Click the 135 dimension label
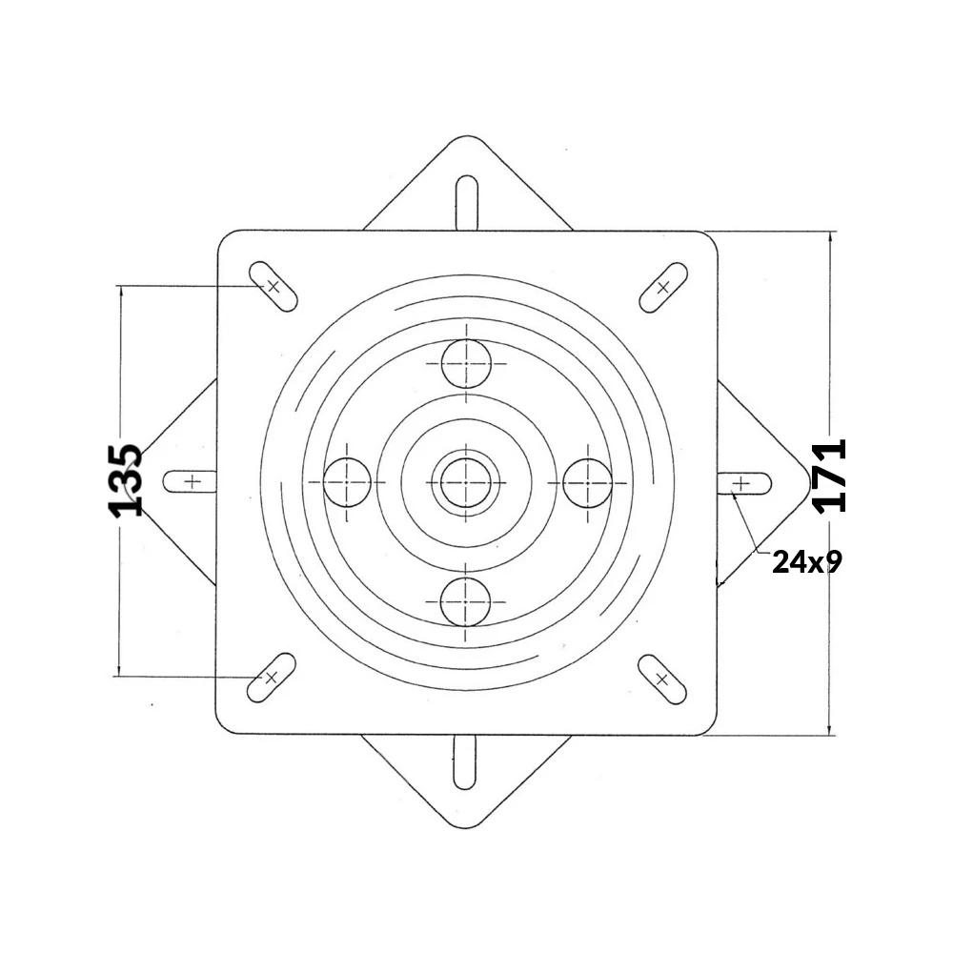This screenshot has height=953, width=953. (126, 479)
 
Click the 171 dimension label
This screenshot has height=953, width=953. (830, 476)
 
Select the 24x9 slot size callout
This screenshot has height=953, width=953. (806, 562)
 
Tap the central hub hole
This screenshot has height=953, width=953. (465, 482)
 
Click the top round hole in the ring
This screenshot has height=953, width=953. (466, 363)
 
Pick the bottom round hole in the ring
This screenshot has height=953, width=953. (465, 600)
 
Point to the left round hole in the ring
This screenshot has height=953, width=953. (347, 482)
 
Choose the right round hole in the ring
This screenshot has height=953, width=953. (585, 482)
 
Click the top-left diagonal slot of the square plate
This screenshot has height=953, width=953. (274, 286)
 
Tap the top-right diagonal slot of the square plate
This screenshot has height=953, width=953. (662, 286)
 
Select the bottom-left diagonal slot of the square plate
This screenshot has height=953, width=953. (272, 677)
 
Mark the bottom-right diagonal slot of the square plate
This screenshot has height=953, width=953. (662, 678)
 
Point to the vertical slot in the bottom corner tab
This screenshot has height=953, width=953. (464, 761)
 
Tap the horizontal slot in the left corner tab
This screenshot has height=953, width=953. (192, 481)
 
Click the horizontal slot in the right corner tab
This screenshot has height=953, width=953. (743, 483)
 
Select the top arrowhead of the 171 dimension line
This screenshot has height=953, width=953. (832, 238)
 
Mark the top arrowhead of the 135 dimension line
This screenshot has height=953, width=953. (120, 292)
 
